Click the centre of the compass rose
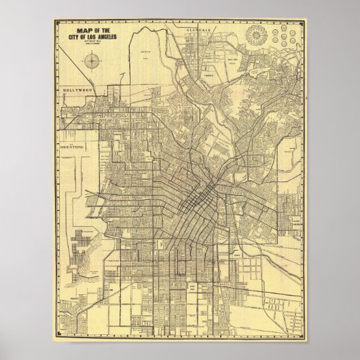(91, 64)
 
